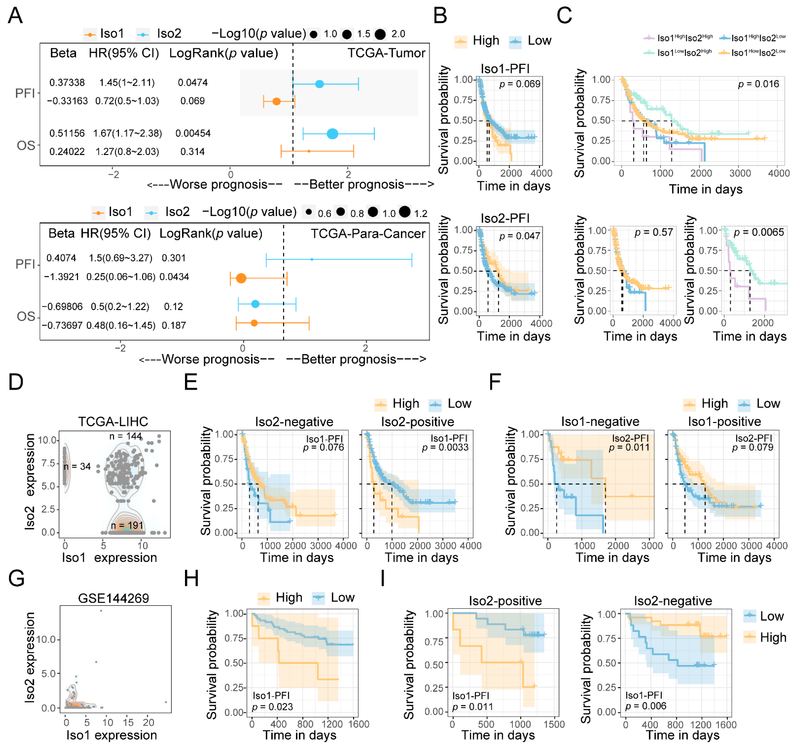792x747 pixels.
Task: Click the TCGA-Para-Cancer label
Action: pos(368,234)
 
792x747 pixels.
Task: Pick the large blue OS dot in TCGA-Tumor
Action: pos(332,134)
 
